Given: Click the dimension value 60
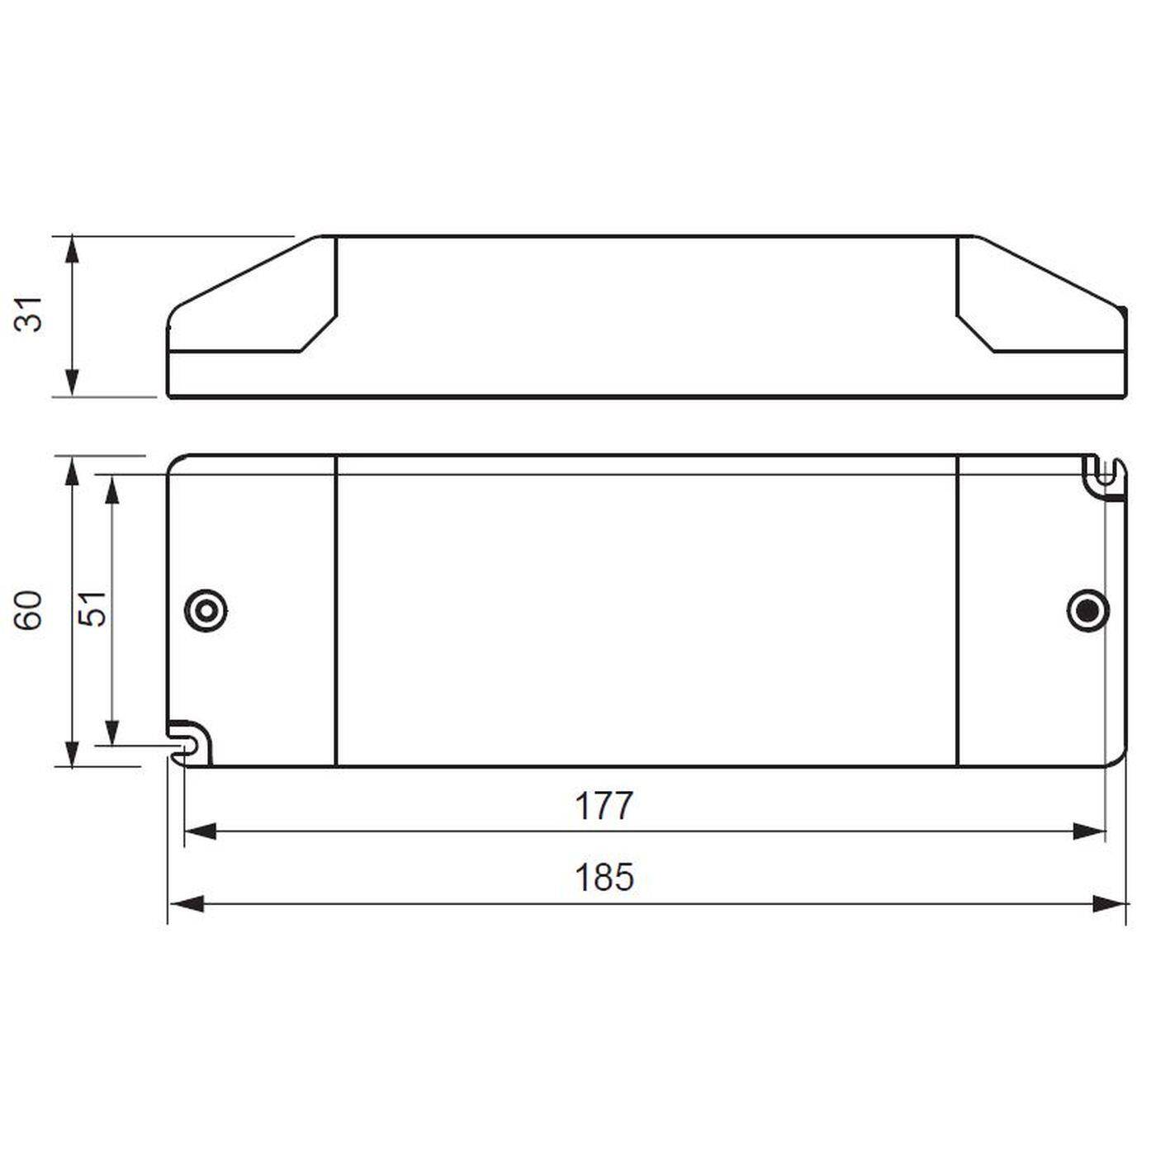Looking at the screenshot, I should [31, 610].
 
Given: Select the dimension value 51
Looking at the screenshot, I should [94, 609].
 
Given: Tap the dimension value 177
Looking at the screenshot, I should [604, 806].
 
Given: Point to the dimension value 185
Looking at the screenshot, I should [604, 878].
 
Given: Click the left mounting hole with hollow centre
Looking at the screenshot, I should [205, 612].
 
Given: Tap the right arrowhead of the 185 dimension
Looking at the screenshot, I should [1108, 903].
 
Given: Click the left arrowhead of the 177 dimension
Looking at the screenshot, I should [200, 831].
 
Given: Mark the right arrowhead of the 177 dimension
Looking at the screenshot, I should [1088, 831].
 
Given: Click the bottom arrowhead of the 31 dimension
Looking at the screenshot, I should [73, 381].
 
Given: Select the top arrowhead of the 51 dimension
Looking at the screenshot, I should [113, 490].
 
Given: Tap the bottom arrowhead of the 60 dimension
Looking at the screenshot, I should [73, 752].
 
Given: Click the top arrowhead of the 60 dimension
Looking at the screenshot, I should [73, 471].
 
